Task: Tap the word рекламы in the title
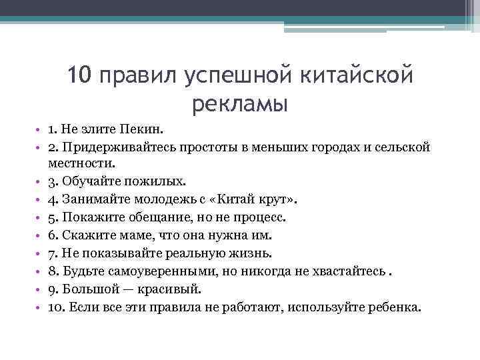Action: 240,105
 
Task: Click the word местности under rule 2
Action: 81,163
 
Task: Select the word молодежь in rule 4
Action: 178,199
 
